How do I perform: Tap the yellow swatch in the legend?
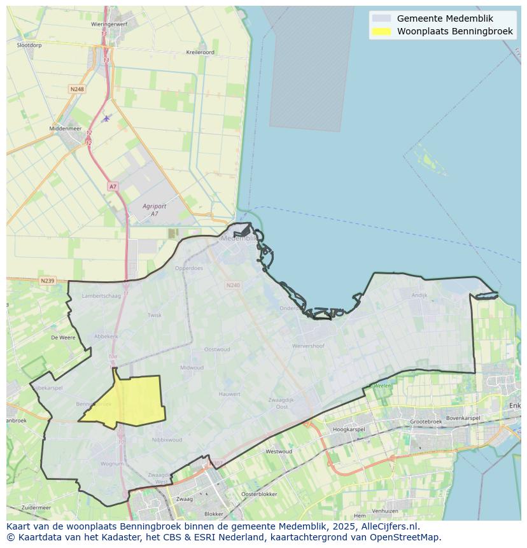[x=381, y=31]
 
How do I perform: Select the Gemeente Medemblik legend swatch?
[x=381, y=18]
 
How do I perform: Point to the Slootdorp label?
[x=29, y=45]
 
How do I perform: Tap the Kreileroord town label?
[x=200, y=52]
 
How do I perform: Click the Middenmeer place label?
[x=66, y=129]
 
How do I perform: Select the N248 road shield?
[x=76, y=89]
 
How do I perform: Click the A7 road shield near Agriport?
[x=113, y=186]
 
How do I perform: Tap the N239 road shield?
[x=47, y=281]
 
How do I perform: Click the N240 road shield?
[x=233, y=285]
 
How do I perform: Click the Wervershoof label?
[x=308, y=346]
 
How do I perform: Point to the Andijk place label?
[x=419, y=295]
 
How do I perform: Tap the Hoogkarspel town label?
[x=349, y=430]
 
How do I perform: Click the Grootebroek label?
[x=426, y=422]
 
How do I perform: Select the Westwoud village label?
[x=279, y=452]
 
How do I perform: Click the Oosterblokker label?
[x=259, y=495]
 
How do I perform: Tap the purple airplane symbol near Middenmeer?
[x=106, y=118]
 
